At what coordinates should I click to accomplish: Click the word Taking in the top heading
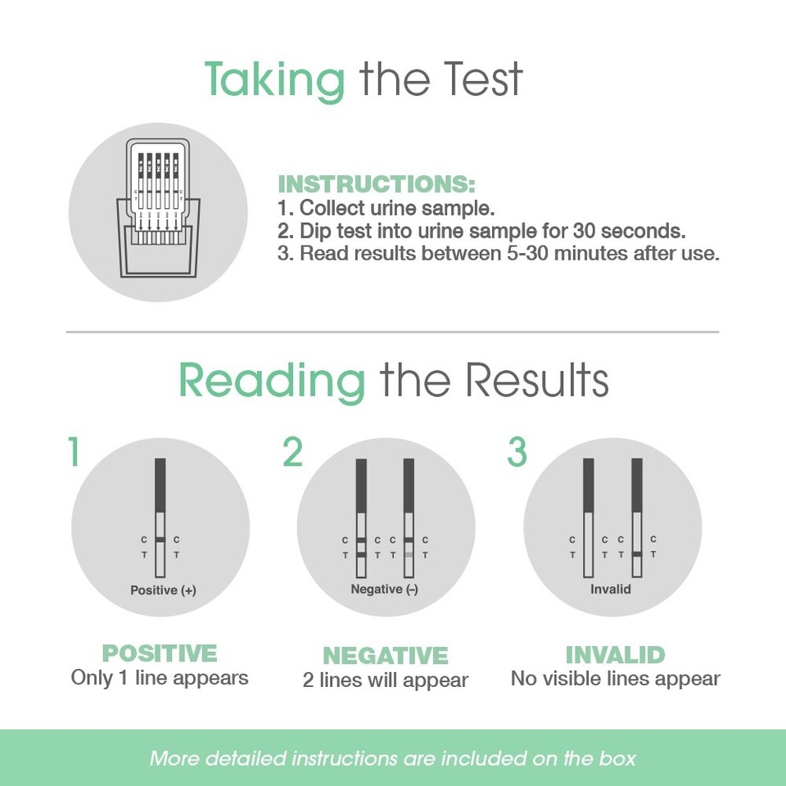pos(274,80)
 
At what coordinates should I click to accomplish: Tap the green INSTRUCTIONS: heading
pos(377,183)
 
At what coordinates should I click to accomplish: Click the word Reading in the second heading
pos(271,381)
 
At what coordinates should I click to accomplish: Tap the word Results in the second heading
pos(537,381)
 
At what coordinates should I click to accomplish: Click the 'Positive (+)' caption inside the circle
pos(163,589)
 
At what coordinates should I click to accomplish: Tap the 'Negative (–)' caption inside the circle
pos(384,589)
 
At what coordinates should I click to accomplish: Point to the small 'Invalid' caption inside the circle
pos(611,589)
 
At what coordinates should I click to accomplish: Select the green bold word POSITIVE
pos(160,653)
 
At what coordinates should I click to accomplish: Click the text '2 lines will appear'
pos(385,680)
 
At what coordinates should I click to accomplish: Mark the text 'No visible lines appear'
pos(615,679)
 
